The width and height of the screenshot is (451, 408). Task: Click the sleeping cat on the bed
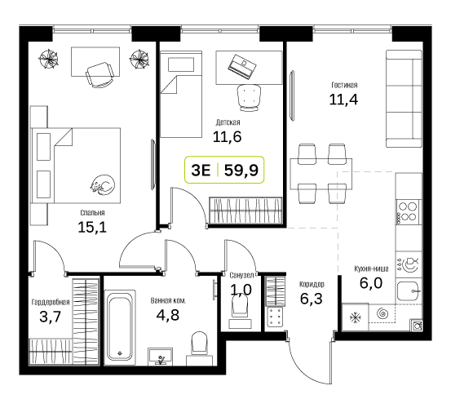(x=103, y=184)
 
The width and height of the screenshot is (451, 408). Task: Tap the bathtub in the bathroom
(x=120, y=327)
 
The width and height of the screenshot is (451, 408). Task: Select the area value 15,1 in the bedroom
(x=92, y=228)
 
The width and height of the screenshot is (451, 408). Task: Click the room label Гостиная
(x=344, y=85)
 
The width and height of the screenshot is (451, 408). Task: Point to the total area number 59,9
(x=241, y=171)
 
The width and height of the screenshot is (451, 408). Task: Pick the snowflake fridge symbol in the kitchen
(x=356, y=318)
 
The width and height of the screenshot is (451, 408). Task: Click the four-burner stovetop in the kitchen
(x=408, y=211)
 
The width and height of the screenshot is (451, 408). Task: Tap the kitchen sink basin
(x=408, y=291)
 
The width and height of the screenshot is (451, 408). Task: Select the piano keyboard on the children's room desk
(x=242, y=66)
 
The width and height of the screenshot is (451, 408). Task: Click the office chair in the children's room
(x=249, y=98)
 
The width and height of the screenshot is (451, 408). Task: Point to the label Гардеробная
(x=51, y=302)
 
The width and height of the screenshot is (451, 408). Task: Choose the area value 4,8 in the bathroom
(x=168, y=315)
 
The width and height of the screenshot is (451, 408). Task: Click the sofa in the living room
(x=404, y=99)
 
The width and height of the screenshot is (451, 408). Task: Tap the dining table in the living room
(x=321, y=174)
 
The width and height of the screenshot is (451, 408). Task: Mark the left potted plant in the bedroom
(x=48, y=59)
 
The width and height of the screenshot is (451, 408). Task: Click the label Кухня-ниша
(x=371, y=268)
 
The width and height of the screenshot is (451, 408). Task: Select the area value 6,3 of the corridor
(x=312, y=299)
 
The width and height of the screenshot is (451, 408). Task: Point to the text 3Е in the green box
(x=201, y=171)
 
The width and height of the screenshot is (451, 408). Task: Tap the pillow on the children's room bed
(x=181, y=64)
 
